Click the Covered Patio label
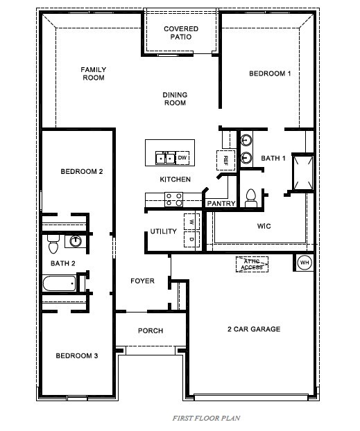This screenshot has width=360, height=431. [x=181, y=34]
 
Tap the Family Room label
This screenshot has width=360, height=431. [x=92, y=73]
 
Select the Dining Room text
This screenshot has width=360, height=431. [x=175, y=99]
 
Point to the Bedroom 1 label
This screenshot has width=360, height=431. [x=270, y=73]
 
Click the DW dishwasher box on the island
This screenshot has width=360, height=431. [x=182, y=158]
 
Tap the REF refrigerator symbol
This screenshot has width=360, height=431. [x=225, y=159]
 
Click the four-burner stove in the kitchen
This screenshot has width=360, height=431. [x=173, y=200]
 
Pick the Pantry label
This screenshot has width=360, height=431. [x=221, y=204]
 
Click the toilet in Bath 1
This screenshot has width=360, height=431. [x=251, y=198]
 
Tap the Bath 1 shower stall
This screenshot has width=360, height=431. [x=302, y=171]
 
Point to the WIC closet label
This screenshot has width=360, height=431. [x=264, y=226]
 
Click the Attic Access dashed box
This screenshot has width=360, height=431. [x=252, y=264]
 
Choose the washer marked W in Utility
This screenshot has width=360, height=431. [x=191, y=222]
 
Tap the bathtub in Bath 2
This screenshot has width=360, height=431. [x=59, y=283]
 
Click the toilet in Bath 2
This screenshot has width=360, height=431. [x=53, y=244]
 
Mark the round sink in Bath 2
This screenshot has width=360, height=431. [x=76, y=241]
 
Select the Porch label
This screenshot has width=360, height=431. [x=151, y=331]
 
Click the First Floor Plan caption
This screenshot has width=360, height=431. [x=206, y=419]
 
